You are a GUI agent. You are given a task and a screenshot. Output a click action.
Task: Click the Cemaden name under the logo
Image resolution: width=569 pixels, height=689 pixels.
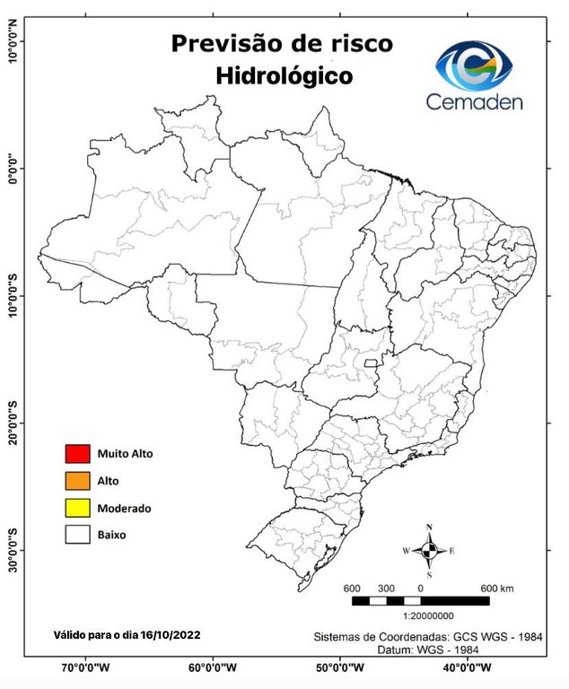tap(474, 101)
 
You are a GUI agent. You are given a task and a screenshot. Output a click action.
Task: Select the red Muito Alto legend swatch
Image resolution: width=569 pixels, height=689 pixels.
tap(78, 454)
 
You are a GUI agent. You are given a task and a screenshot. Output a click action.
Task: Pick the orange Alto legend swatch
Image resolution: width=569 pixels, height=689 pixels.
tap(78, 481)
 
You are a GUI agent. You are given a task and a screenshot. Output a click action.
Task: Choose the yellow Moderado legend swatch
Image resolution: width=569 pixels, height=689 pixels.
tap(78, 508)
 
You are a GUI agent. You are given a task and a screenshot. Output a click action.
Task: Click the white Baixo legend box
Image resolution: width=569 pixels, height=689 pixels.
tap(78, 535)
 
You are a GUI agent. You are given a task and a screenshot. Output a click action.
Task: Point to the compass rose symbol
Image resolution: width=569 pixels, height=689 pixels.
tap(430, 549)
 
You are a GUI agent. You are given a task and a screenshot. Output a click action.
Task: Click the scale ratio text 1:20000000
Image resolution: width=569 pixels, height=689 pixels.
tap(429, 616)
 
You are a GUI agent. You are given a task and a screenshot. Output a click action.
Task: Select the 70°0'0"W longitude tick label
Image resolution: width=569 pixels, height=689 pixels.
tap(85, 669)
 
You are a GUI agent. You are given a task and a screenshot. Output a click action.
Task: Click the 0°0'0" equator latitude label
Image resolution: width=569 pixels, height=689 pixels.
tap(13, 168)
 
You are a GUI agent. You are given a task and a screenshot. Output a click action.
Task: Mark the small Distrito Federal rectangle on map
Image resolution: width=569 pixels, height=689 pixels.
tap(371, 362)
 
